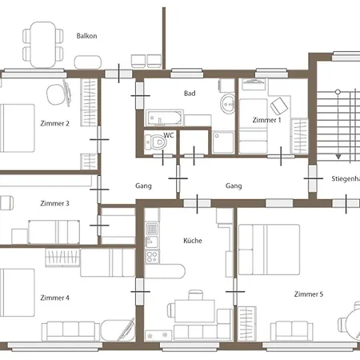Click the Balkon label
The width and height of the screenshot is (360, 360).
(87, 36)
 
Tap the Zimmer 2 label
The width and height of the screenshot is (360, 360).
(54, 123)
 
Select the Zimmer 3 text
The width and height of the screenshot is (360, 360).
(54, 203)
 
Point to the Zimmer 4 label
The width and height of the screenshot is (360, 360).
(54, 298)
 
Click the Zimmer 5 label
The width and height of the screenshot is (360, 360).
(309, 294)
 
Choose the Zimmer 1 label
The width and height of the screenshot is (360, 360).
(266, 120)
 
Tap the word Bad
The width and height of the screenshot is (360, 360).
(190, 94)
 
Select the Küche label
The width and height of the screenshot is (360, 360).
(192, 240)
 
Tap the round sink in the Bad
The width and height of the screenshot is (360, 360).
(229, 102)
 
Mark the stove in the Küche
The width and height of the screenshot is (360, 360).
(150, 232)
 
